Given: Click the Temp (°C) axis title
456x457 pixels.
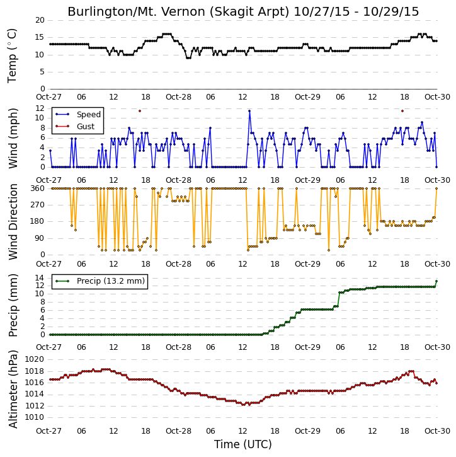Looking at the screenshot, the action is (12, 55).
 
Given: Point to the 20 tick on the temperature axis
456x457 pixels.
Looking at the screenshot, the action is (40, 20).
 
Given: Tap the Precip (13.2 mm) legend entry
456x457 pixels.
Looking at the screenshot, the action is (100, 281).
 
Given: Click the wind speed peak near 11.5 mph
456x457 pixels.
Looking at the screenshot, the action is (249, 111).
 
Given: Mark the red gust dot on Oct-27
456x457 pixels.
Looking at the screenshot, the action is (140, 111).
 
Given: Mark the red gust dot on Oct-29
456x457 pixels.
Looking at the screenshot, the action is (402, 111).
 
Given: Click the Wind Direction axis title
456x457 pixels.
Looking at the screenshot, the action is (13, 222).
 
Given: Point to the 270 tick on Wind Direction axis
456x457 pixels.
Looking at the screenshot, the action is (38, 205).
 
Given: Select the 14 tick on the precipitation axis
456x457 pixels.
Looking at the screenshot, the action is (40, 278).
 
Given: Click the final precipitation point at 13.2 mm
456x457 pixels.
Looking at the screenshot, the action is (436, 281).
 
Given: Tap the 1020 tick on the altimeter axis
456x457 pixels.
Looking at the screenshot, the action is (35, 359).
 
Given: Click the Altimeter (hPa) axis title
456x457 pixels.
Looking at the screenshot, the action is (13, 389).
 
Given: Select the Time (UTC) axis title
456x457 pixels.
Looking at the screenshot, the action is (243, 444).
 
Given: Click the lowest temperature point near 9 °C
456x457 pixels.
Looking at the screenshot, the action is (188, 58).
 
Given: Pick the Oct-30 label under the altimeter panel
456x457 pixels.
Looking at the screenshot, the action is (437, 431).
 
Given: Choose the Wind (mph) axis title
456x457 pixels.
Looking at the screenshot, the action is (13, 138).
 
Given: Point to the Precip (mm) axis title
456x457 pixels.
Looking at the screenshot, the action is (13, 306).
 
